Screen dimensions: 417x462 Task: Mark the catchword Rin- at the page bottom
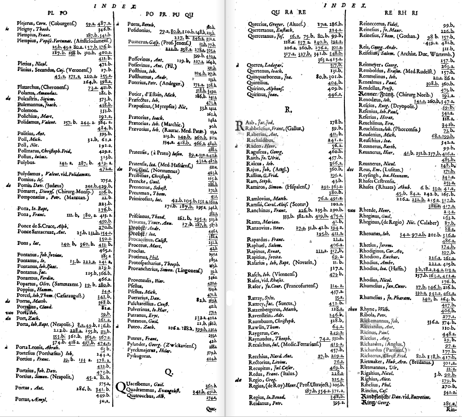452,409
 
